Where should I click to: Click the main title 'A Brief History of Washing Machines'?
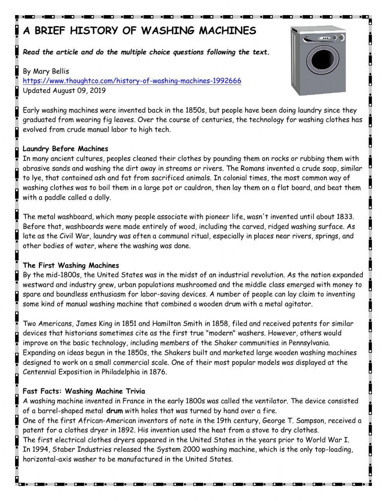[x=139, y=31]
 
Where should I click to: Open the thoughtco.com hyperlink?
[x=132, y=81]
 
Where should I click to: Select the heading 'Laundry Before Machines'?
[x=65, y=149]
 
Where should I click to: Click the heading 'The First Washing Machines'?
[x=71, y=265]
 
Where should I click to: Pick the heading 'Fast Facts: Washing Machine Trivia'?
[x=84, y=391]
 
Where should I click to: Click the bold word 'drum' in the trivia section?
[x=114, y=411]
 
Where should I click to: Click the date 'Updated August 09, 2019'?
[x=64, y=90]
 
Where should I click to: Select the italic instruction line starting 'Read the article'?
[x=146, y=52]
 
